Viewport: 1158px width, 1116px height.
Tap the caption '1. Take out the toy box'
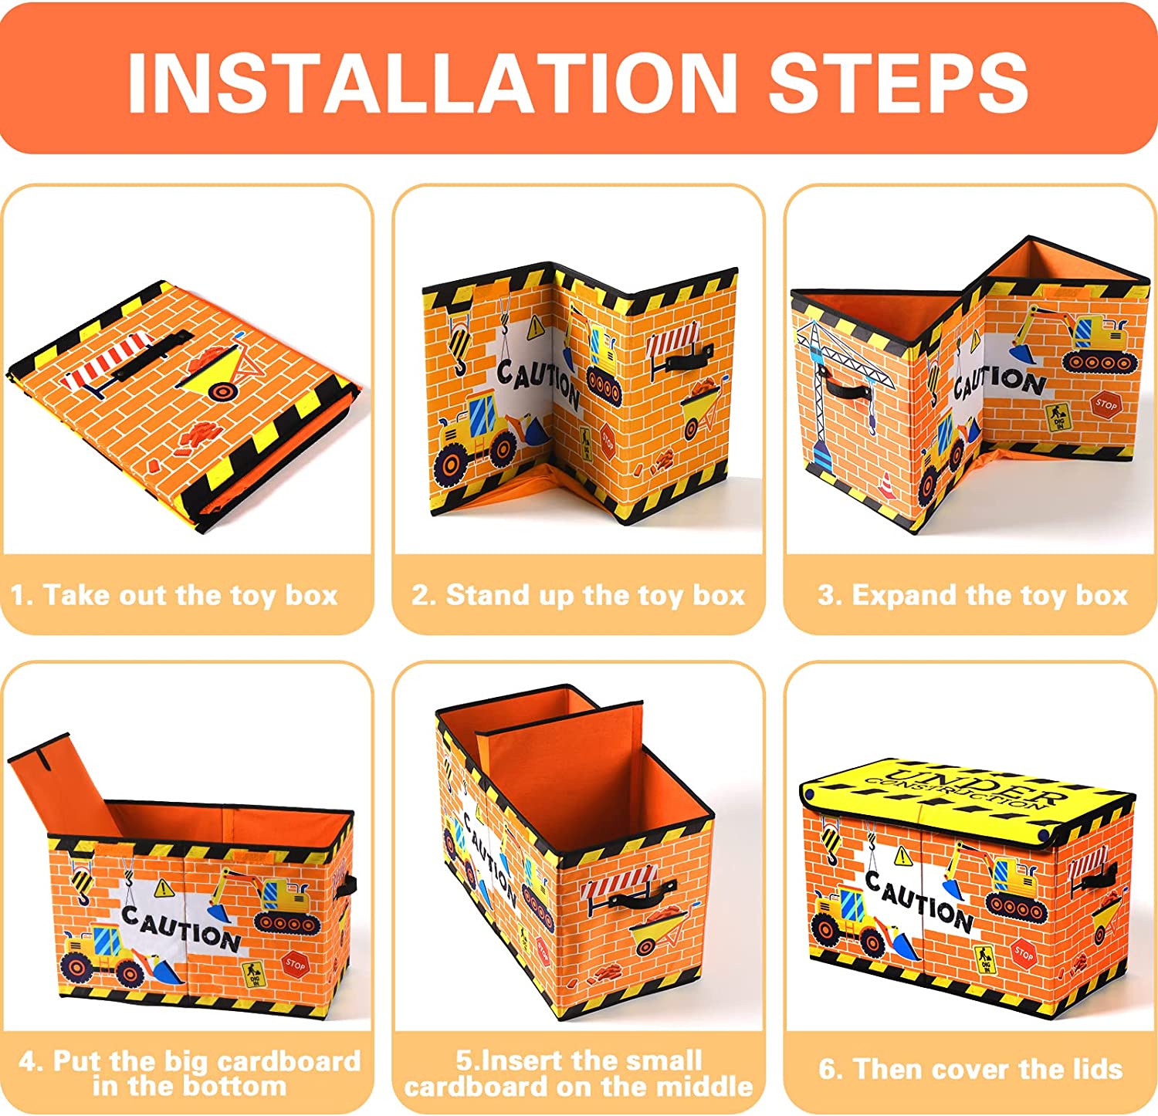tap(174, 595)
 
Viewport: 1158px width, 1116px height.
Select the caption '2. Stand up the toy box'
tap(578, 595)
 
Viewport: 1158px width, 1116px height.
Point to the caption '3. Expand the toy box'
tap(973, 595)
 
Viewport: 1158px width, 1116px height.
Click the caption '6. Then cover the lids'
tap(970, 1069)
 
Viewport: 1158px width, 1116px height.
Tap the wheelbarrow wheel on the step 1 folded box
tap(222, 391)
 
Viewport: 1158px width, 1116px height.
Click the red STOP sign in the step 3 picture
tap(1106, 404)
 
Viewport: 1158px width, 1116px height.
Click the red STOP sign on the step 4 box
tap(295, 963)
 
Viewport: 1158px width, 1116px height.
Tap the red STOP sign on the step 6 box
tap(1023, 954)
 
